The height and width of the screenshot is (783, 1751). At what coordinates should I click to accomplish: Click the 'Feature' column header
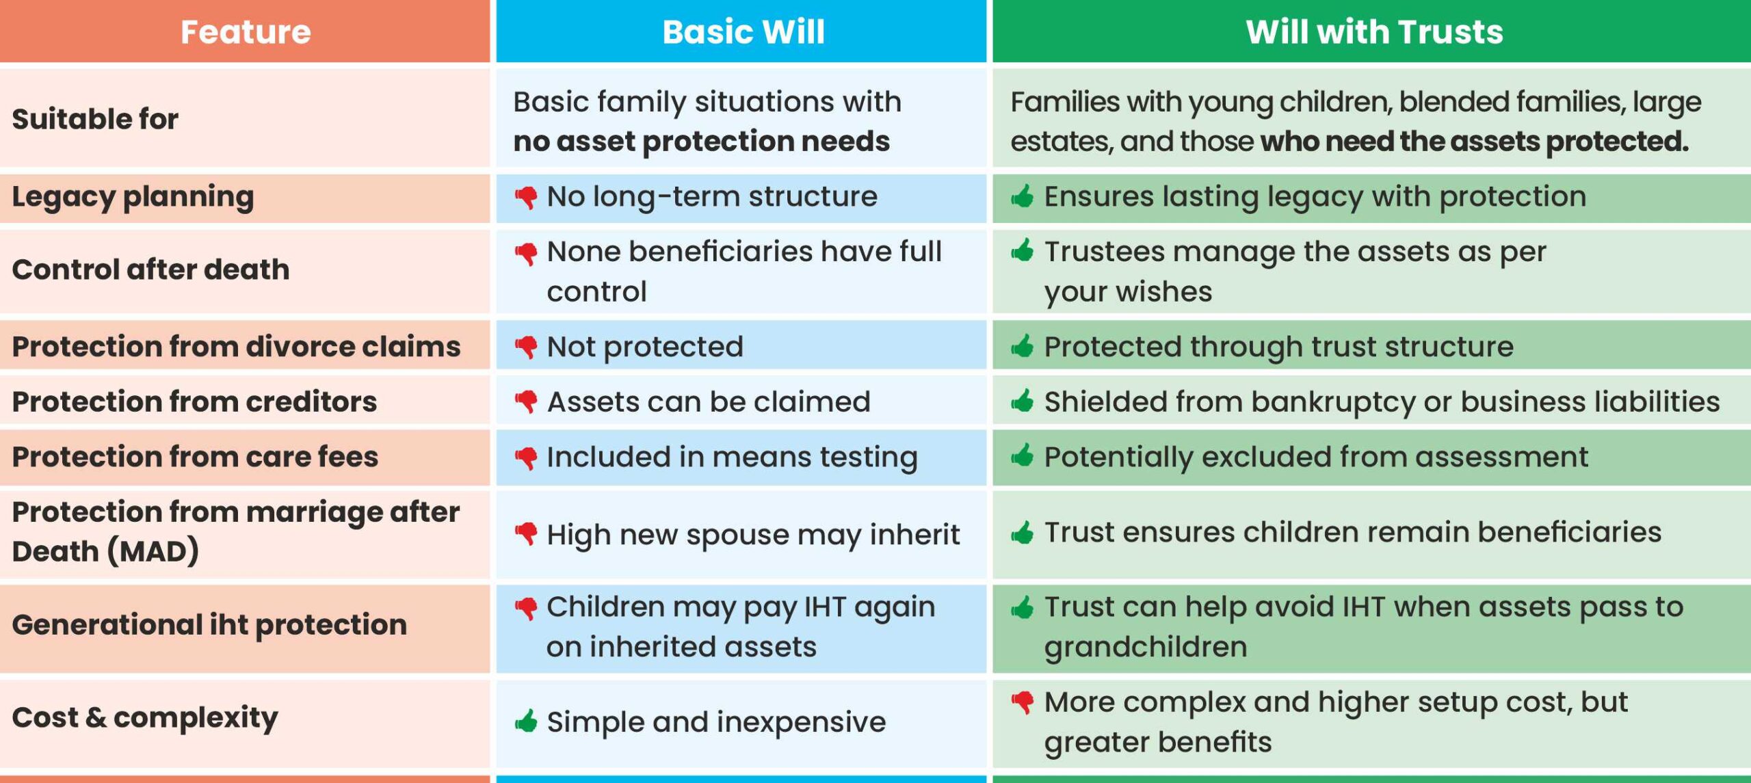[x=246, y=32]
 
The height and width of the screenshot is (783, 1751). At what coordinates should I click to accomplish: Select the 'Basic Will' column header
[x=743, y=32]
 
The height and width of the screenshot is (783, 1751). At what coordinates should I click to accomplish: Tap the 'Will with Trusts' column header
[x=1374, y=32]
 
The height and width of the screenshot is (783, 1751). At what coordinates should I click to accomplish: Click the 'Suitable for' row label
[x=95, y=119]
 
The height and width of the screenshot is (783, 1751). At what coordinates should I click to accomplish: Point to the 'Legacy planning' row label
[x=133, y=197]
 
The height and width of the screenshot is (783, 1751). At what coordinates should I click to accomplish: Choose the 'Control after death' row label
[x=150, y=269]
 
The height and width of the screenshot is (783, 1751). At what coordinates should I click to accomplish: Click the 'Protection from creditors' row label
[x=194, y=401]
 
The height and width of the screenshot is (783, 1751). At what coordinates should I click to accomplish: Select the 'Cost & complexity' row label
[x=145, y=717]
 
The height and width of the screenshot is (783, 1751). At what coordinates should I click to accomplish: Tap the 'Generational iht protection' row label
[x=209, y=624]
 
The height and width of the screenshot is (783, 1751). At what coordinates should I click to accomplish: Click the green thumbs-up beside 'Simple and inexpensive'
[x=526, y=721]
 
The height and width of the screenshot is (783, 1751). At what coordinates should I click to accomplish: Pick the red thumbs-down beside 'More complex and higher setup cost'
[x=1023, y=702]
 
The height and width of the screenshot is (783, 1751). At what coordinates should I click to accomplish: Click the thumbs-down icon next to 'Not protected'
[x=526, y=347]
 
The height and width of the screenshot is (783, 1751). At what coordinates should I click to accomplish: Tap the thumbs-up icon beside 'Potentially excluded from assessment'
[x=1023, y=455]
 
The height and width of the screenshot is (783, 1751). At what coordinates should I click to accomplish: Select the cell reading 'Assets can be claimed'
[x=709, y=401]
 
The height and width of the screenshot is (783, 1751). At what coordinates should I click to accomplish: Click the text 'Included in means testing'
[x=732, y=457]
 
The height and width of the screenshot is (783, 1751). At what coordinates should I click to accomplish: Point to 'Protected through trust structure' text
[x=1278, y=347]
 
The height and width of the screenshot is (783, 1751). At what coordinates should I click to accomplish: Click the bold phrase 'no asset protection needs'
[x=702, y=142]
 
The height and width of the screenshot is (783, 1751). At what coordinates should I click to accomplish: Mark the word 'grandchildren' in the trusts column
[x=1146, y=647]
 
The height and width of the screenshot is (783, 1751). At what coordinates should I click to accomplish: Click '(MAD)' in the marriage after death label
[x=153, y=551]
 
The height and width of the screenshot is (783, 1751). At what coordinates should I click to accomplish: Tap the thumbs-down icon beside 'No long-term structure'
[x=526, y=198]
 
